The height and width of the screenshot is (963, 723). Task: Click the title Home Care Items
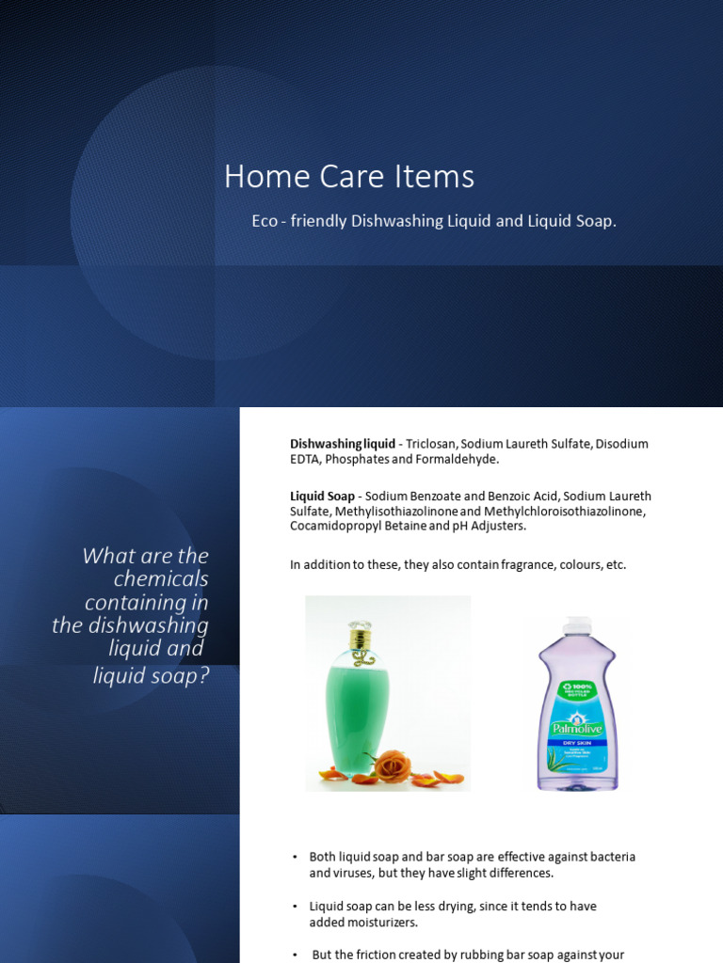[348, 177]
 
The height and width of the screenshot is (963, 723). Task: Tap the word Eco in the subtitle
[265, 222]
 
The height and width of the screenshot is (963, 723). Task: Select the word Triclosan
[431, 444]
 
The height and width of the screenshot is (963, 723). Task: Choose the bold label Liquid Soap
[322, 496]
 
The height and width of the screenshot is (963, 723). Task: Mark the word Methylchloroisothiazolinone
[564, 511]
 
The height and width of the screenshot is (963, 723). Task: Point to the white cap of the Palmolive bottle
[575, 624]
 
